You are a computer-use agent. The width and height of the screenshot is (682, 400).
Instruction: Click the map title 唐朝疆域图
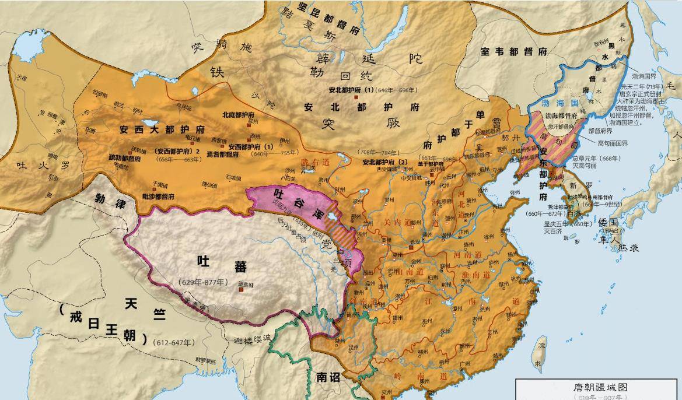(599, 387)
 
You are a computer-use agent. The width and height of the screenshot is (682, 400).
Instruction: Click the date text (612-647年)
(174, 342)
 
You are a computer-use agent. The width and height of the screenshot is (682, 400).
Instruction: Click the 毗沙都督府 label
(158, 197)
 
